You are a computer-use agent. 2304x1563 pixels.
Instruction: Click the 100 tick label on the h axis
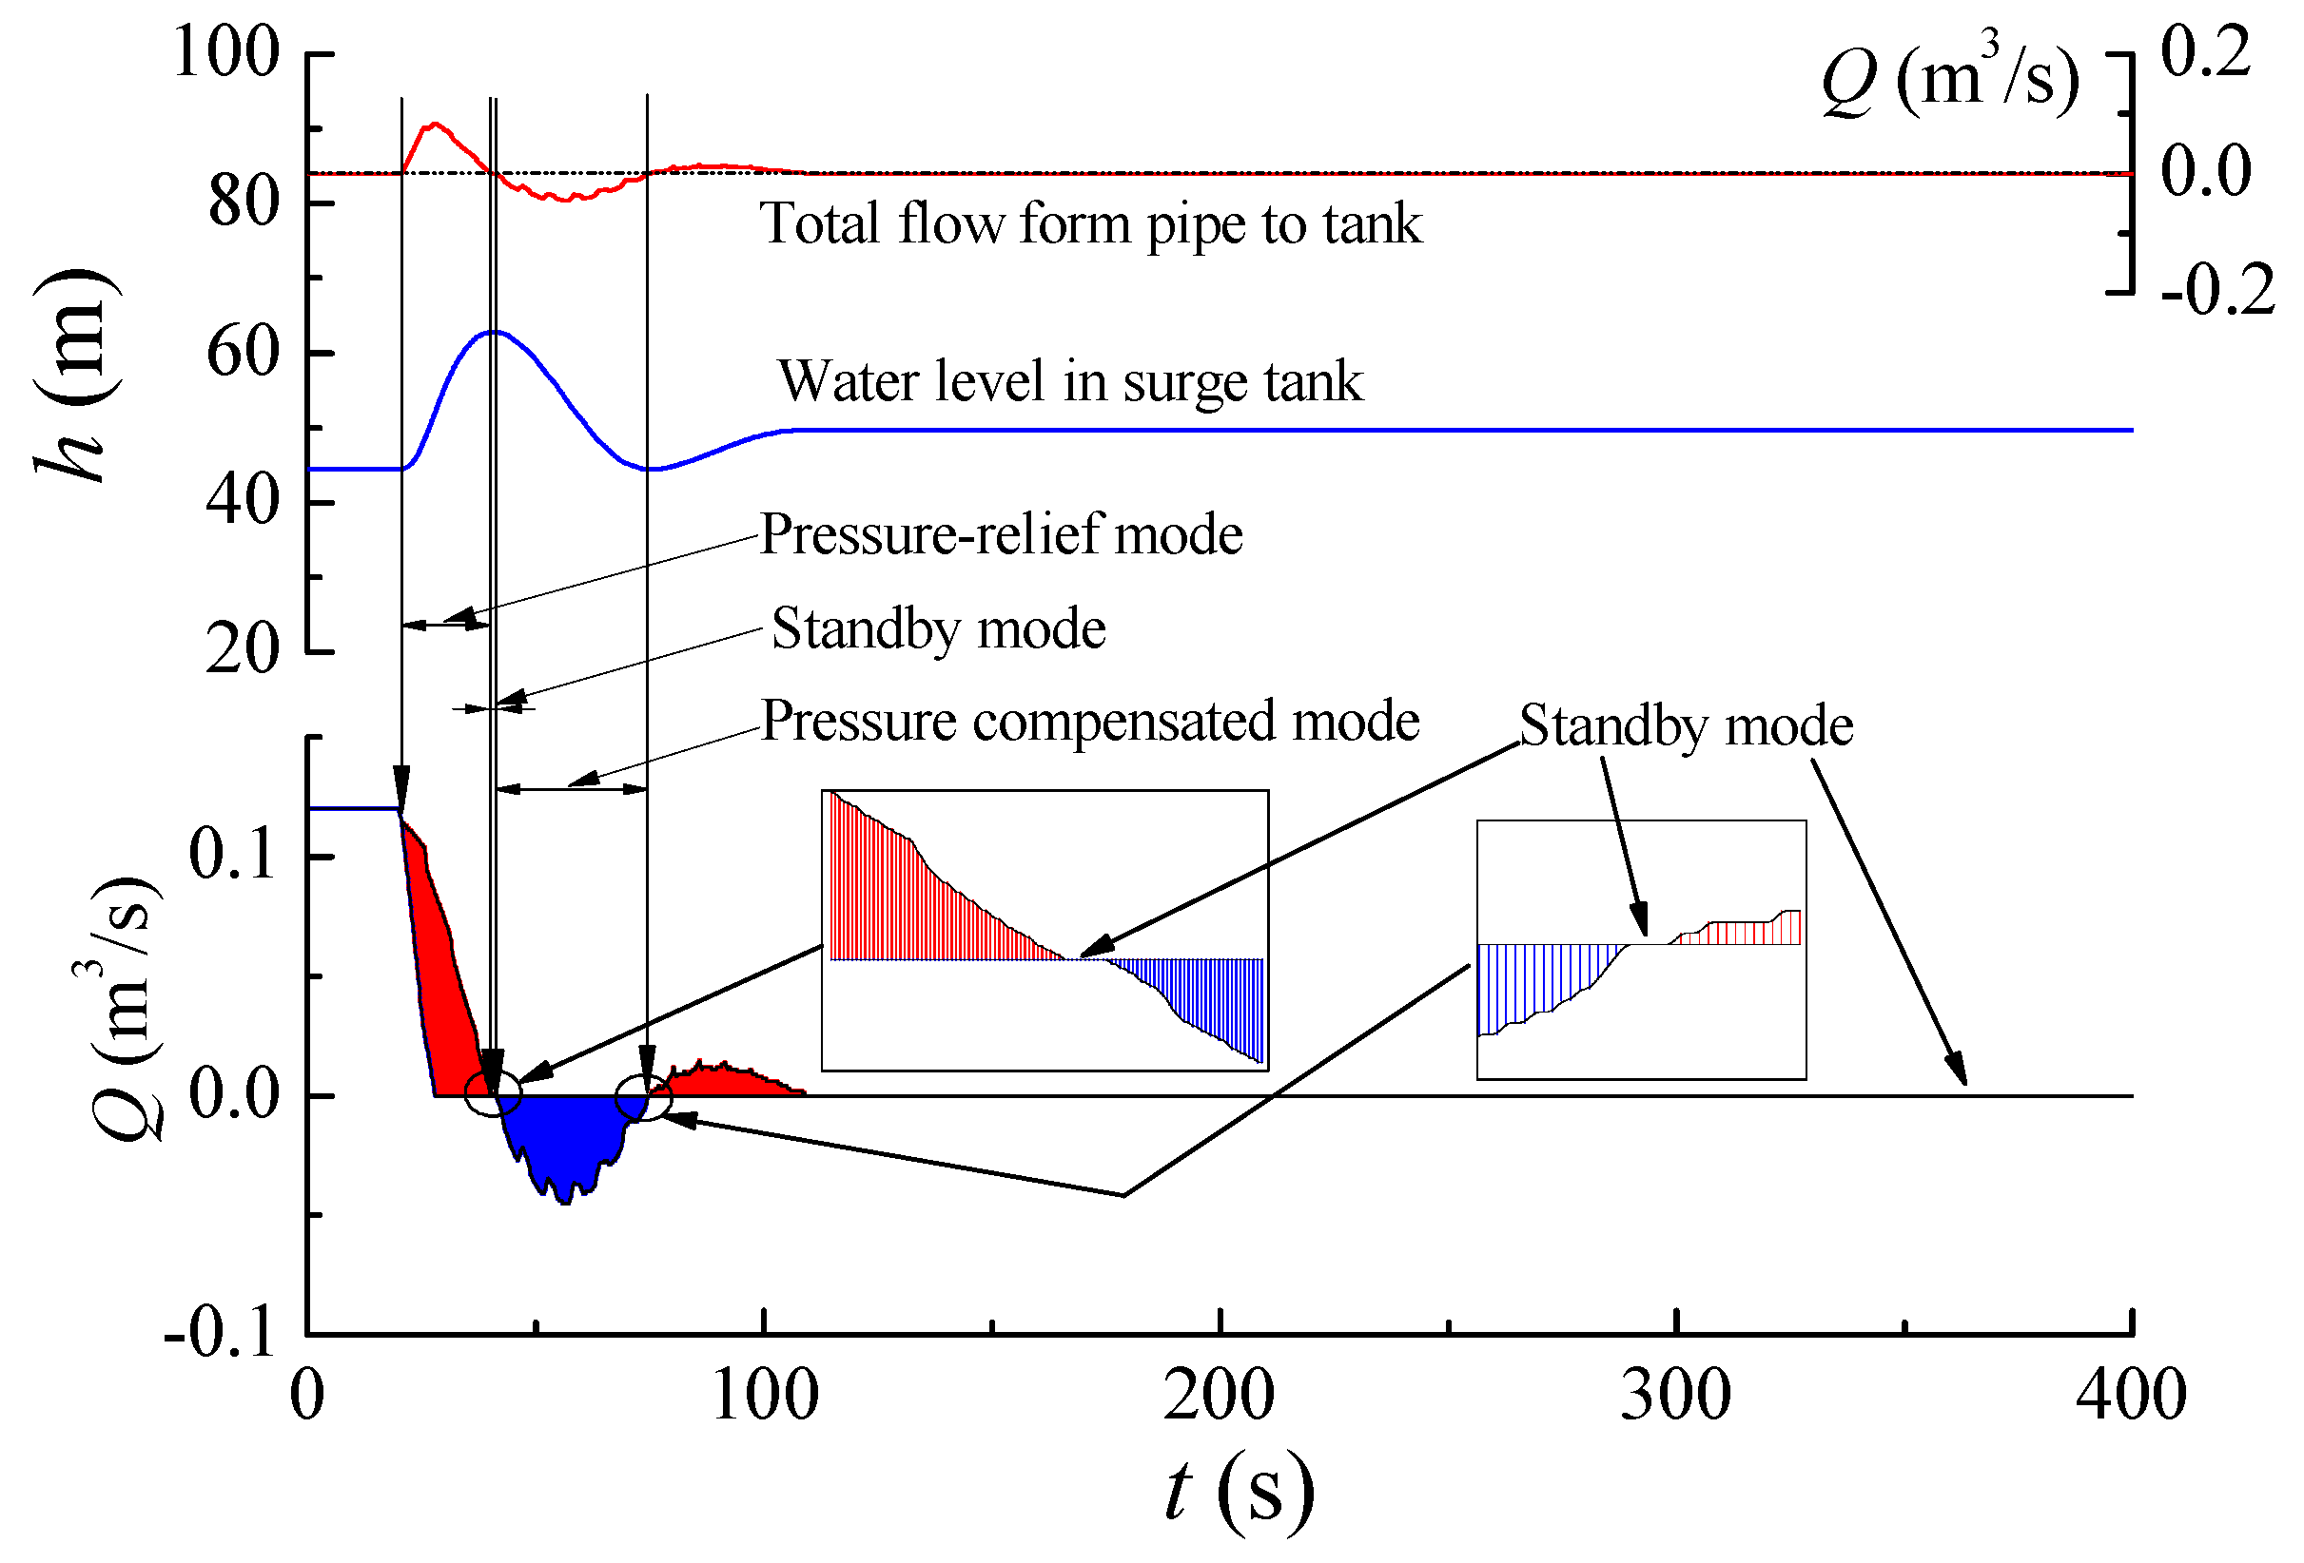click(226, 51)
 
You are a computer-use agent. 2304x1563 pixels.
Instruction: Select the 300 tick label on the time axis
click(1675, 1396)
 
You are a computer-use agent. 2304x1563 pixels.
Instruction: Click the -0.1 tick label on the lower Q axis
click(220, 1333)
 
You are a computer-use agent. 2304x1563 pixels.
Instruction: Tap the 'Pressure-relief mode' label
click(1001, 535)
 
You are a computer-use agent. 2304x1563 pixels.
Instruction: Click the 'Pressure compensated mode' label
click(1089, 721)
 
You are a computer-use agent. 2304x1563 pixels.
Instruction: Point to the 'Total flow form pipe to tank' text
click(1090, 224)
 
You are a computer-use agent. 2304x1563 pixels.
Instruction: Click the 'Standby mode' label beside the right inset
click(1686, 725)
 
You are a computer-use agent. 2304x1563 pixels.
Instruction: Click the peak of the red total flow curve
click(434, 125)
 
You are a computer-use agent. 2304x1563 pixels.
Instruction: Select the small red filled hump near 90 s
click(724, 1080)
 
